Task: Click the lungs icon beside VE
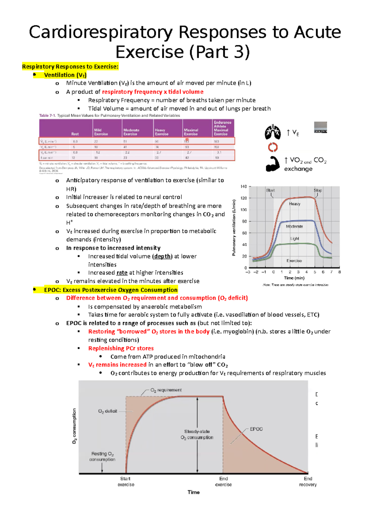point(273,132)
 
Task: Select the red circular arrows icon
point(273,147)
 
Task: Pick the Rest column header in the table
point(75,134)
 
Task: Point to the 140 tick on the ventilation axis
point(244,187)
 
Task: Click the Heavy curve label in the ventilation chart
point(294,204)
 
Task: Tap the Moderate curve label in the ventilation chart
point(294,227)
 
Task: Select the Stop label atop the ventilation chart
point(318,190)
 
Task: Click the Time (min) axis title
point(294,278)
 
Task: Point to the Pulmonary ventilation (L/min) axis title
point(234,227)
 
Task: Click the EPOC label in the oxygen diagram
point(256,429)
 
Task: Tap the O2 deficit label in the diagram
point(108,411)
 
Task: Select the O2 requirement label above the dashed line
point(166,390)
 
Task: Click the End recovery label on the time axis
point(308,481)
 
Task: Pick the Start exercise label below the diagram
point(126,481)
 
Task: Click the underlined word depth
point(162,256)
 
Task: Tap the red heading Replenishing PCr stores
point(121,348)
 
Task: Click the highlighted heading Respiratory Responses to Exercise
point(70,67)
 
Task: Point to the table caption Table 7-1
point(47,116)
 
